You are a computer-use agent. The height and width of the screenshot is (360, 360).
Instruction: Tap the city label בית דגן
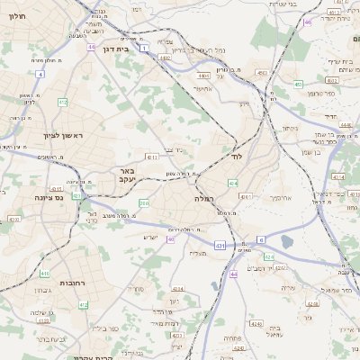coord(116,49)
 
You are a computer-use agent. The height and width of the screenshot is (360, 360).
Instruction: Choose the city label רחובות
coord(72,283)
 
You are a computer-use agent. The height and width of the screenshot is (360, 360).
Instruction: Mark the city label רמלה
coord(202,198)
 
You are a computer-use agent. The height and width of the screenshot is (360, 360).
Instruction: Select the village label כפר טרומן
coord(319,94)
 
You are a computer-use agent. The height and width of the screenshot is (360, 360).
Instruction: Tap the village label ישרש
coord(150,237)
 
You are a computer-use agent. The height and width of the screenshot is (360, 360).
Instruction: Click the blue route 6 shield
coord(261,238)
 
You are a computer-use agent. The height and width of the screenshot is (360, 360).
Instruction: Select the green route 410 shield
coord(45,272)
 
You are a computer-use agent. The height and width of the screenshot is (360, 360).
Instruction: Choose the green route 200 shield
coord(144,203)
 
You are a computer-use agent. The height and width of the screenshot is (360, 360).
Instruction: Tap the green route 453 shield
coord(297,84)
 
